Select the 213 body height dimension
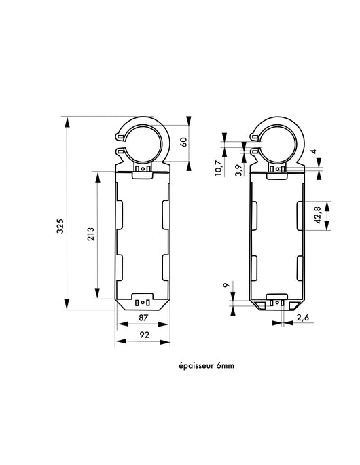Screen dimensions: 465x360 90,234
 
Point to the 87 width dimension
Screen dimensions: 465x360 143,318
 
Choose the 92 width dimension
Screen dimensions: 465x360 143,335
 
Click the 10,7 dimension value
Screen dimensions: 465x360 217,167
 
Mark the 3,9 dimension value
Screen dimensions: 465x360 237,170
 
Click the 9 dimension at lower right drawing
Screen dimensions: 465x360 226,287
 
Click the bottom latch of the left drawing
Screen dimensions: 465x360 143,303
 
